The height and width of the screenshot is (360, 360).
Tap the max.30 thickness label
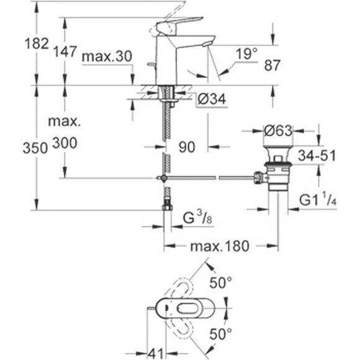point(106,56)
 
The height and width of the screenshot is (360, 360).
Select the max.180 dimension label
point(220,246)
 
